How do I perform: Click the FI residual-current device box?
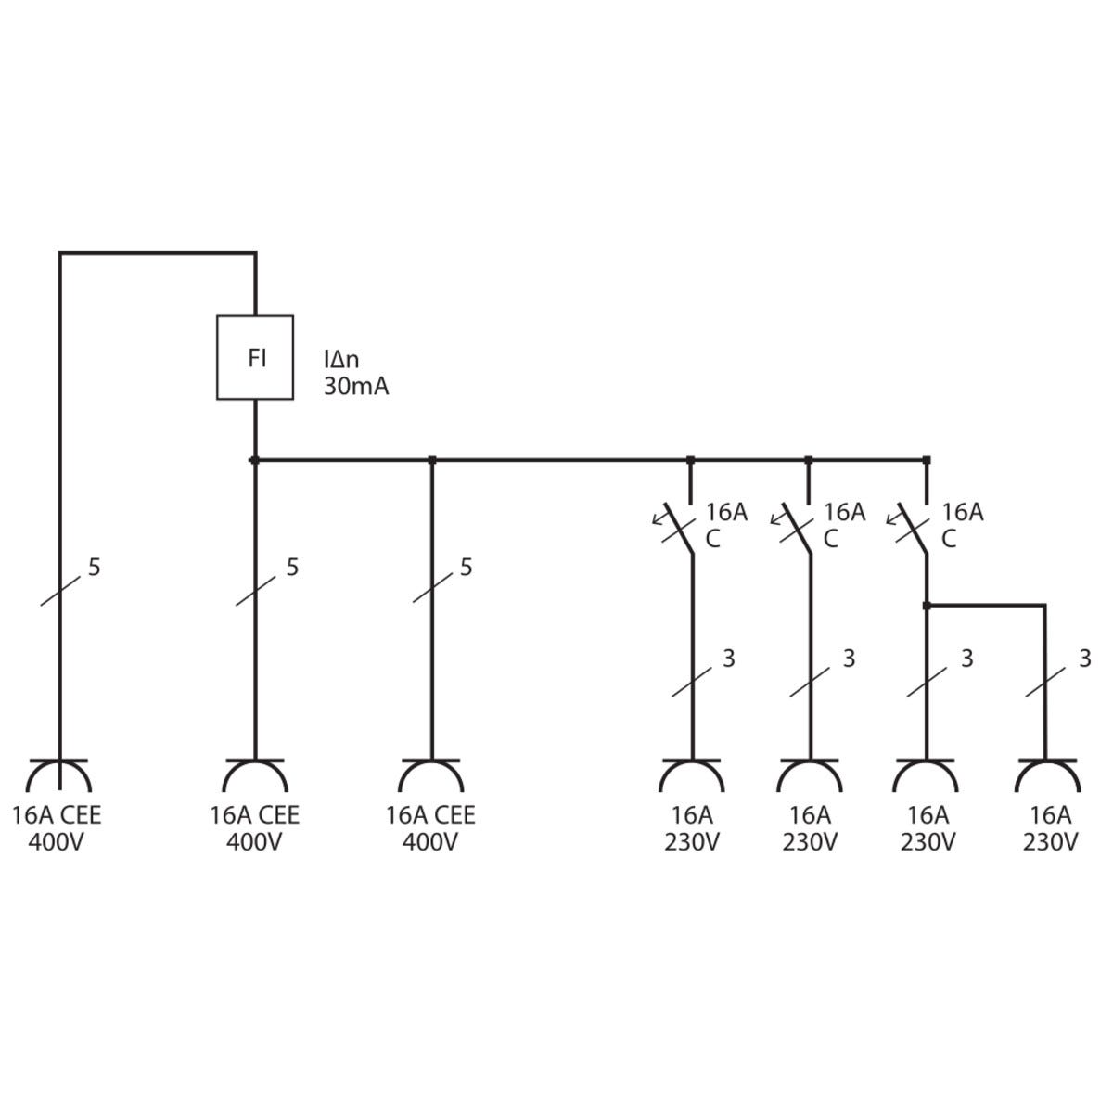click(x=255, y=358)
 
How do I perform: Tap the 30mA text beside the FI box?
click(x=356, y=388)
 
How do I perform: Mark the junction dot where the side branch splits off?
click(x=927, y=606)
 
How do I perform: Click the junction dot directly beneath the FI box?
click(x=255, y=459)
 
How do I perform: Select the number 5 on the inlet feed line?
click(x=95, y=567)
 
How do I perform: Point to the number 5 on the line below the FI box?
click(x=292, y=567)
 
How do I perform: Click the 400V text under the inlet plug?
click(x=57, y=842)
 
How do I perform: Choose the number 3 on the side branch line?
click(x=1084, y=659)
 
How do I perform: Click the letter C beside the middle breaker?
click(x=830, y=538)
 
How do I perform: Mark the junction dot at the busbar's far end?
click(x=927, y=459)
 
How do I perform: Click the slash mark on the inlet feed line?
click(x=59, y=591)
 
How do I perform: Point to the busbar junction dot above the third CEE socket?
click(x=431, y=459)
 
